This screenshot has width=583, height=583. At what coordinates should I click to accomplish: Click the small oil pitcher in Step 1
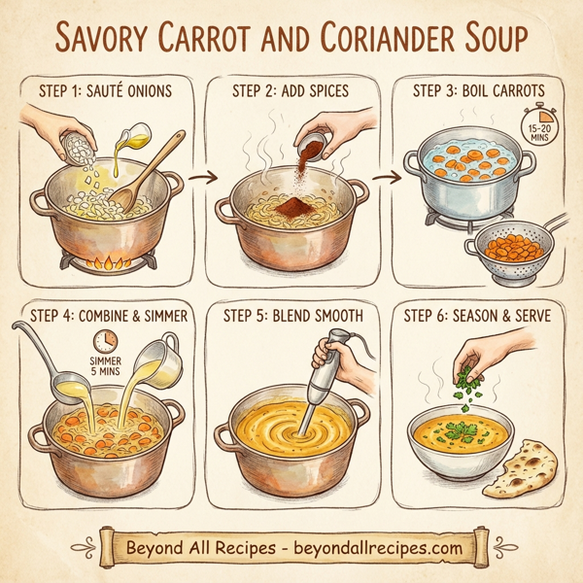pos(137,137)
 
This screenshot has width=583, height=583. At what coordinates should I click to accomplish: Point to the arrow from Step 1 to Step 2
pos(202,178)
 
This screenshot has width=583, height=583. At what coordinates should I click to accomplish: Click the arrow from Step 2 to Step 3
pos(387,178)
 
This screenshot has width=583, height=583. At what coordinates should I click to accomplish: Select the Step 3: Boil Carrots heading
pos(479,92)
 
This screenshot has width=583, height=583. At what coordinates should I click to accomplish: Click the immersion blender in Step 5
pos(325,378)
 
